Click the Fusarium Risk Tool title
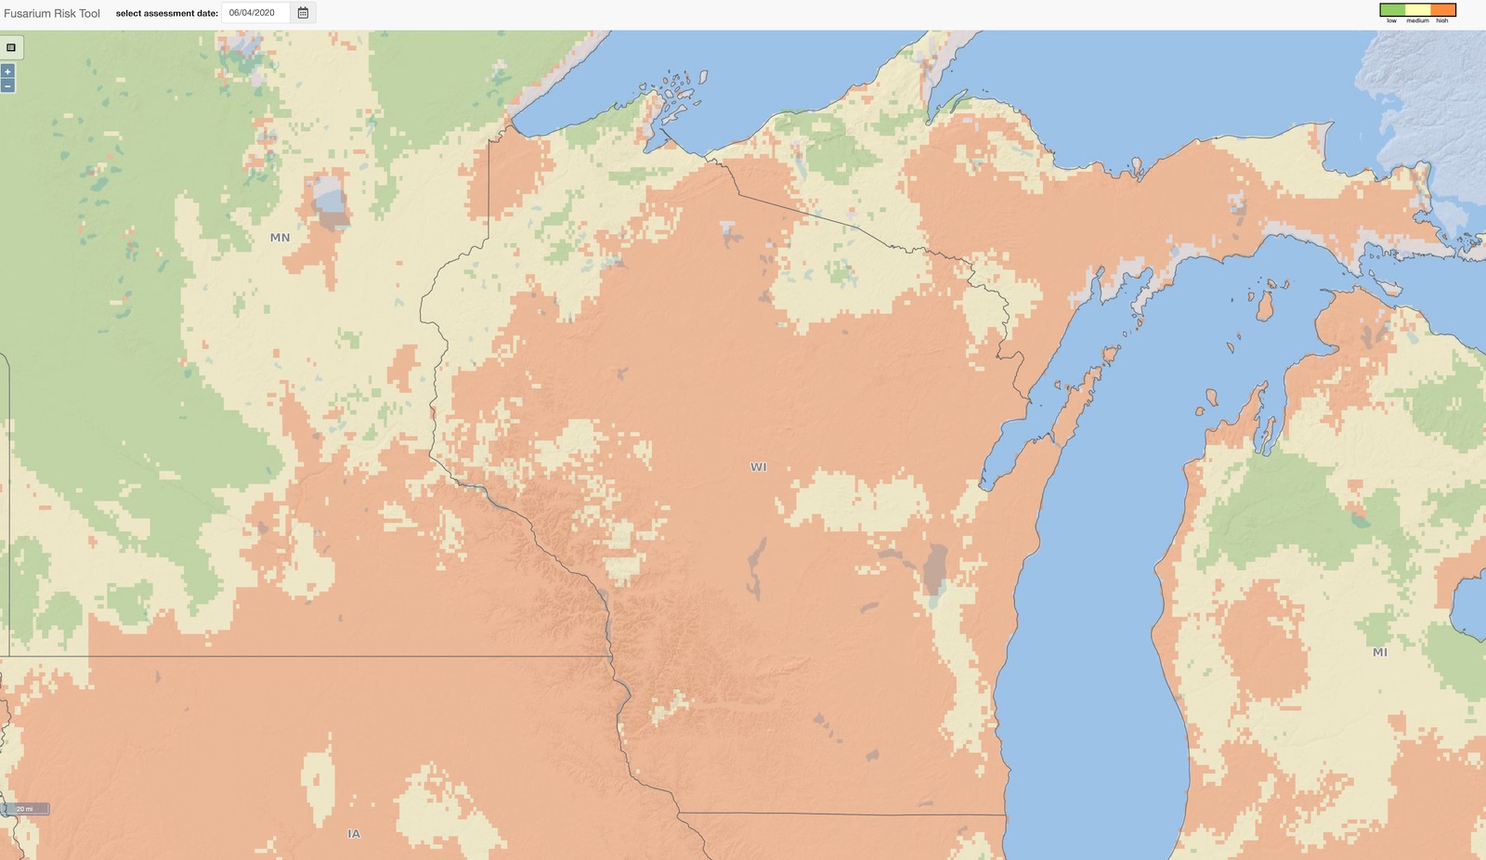(52, 13)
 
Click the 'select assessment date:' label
(166, 13)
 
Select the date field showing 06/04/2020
(255, 13)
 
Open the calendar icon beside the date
(303, 13)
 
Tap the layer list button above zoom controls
(11, 47)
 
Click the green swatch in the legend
(1392, 10)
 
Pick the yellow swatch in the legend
(1417, 10)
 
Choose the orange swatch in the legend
(1442, 10)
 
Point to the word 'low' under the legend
(1391, 20)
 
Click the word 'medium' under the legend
(1417, 20)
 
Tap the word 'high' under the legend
(1442, 20)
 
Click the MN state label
(280, 238)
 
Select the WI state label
(759, 467)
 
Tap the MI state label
(1380, 652)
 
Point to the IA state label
(354, 834)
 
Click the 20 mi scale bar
(25, 809)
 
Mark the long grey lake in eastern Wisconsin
(934, 568)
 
